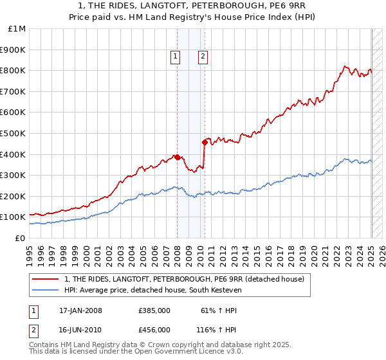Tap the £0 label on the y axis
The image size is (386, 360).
point(21,238)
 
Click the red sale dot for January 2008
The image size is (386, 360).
point(177,157)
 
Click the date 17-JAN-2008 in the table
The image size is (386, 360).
point(80,310)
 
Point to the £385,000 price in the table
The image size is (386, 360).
point(154,310)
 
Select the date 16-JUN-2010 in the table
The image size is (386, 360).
point(80,329)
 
